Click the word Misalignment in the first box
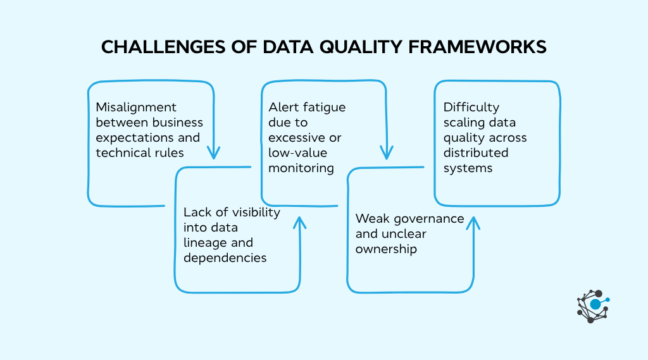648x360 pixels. click(136, 107)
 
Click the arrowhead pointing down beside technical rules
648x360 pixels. click(215, 152)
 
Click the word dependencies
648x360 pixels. click(225, 258)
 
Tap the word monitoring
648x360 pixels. click(301, 168)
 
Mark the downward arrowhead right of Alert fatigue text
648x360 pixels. click(386, 152)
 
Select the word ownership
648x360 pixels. click(386, 249)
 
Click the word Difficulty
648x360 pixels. click(471, 107)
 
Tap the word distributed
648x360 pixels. click(475, 152)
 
